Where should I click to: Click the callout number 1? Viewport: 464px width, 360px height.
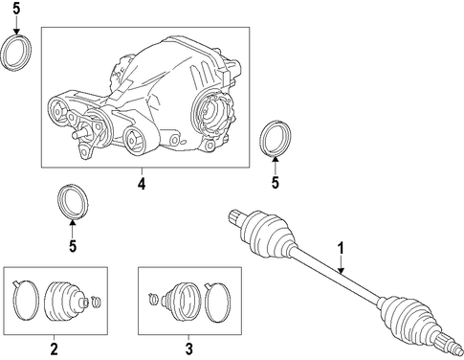point(341,248)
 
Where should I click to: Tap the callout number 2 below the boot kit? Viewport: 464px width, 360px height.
point(55,349)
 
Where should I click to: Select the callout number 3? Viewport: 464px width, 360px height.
point(189,349)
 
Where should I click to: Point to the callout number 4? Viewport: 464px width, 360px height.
point(142,184)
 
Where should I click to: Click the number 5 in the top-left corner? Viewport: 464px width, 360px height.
point(16,9)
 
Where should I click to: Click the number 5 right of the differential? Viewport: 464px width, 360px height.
point(276,183)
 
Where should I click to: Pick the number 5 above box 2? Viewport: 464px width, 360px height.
point(73,246)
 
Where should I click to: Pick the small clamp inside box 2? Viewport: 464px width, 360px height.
point(96,301)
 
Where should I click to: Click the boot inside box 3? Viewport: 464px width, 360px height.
point(180,301)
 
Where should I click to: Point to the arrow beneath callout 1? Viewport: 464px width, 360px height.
point(341,264)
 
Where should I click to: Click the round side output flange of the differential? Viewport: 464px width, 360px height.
point(213,112)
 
